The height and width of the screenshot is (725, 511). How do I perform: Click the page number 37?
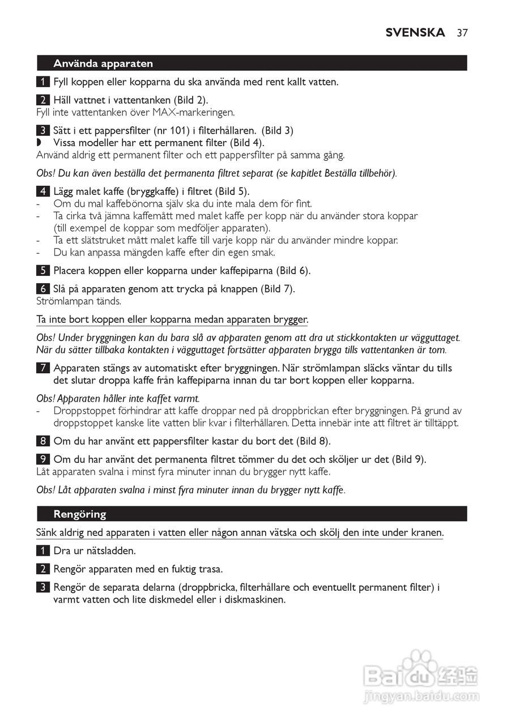(x=462, y=32)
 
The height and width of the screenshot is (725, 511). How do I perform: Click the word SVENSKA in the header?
(x=415, y=32)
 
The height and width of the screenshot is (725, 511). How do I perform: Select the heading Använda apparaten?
(x=103, y=63)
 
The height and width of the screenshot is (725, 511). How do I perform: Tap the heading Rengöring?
(x=80, y=514)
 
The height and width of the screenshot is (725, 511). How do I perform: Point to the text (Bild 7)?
(x=278, y=289)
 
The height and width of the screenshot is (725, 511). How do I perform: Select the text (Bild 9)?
(x=408, y=459)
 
